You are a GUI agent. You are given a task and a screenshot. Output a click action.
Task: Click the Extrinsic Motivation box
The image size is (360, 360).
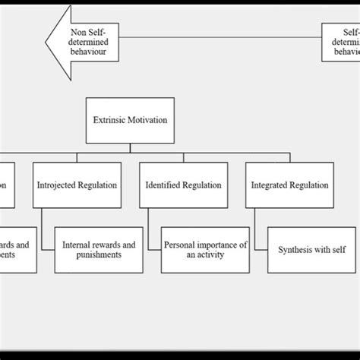tap(130, 120)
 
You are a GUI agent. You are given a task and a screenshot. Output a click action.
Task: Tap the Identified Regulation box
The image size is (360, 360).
tap(183, 185)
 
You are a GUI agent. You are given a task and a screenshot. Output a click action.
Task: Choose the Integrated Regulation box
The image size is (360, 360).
tap(289, 185)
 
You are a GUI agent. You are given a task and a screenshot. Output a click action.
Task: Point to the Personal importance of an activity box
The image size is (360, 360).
tap(205, 250)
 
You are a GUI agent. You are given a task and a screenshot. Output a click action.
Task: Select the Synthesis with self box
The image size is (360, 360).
tap(311, 250)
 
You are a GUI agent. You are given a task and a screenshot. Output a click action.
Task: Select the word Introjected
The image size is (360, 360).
tap(58, 185)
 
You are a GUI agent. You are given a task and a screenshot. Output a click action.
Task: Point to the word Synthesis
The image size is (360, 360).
tap(293, 250)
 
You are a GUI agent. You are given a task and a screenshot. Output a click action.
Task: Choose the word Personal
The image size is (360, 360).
tap(182, 245)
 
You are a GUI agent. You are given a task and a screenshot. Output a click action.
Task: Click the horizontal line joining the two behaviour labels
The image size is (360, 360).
tap(220, 36)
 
